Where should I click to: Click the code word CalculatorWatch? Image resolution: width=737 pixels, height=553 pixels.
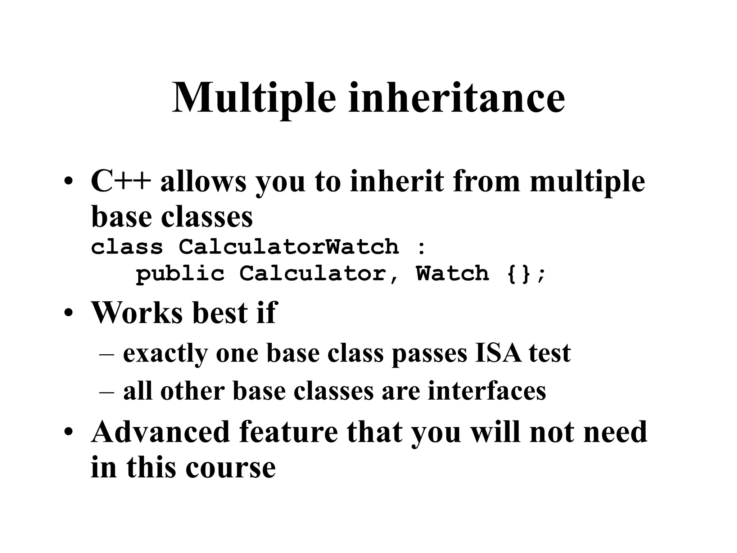(289, 247)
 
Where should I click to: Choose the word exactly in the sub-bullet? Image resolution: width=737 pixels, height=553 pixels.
(166, 354)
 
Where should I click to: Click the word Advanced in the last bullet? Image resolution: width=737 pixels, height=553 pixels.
(160, 432)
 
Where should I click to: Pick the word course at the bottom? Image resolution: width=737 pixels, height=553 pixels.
(231, 468)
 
